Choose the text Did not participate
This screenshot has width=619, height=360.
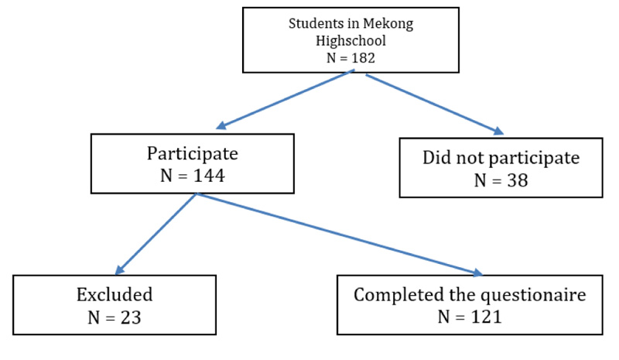[x=501, y=158]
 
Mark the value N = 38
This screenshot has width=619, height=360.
[x=501, y=180]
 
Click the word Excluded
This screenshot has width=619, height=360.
[x=115, y=295]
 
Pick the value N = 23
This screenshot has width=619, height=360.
[x=115, y=317]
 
